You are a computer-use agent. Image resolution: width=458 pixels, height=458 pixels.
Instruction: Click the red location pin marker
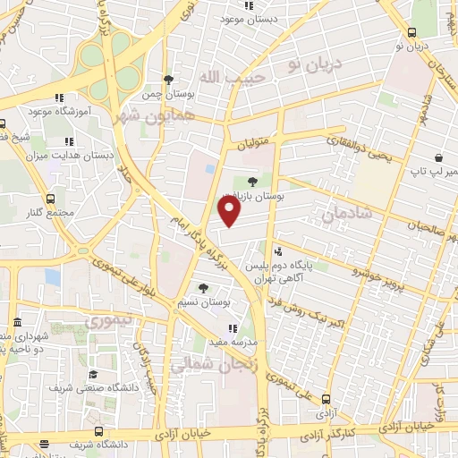230,211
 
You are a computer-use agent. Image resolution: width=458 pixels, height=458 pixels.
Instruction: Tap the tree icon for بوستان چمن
167,80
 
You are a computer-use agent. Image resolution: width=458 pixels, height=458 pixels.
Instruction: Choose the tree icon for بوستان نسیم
203,288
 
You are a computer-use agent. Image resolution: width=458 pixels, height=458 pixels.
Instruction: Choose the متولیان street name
251,143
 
